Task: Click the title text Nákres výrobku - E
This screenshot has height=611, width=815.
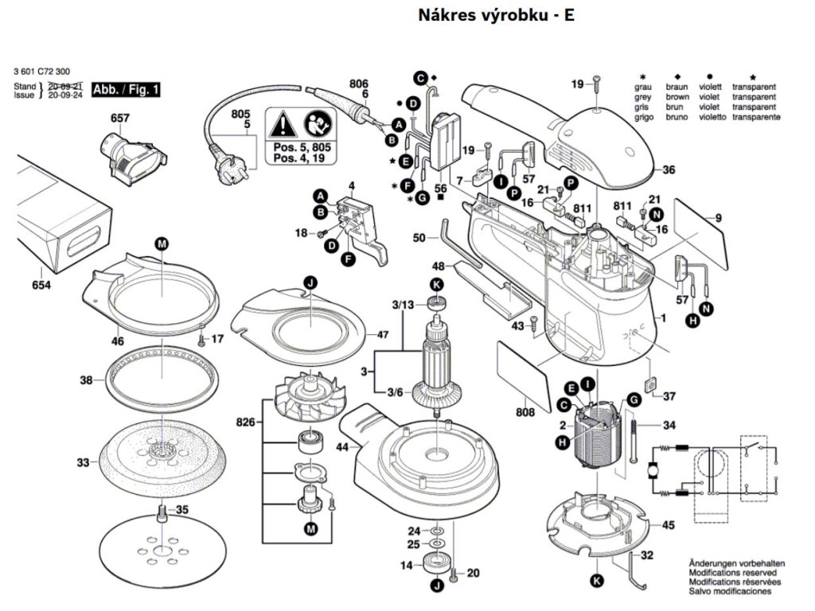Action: pos(496,15)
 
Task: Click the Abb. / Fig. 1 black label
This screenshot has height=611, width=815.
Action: pos(126,89)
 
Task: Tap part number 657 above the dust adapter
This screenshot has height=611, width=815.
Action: pos(120,118)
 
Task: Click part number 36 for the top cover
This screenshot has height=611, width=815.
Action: pos(669,169)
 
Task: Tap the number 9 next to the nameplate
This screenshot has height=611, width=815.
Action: pos(718,218)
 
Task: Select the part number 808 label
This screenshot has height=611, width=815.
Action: pos(524,413)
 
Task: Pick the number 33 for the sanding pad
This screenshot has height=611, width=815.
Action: pos(84,461)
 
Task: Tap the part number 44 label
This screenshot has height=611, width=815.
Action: pos(342,448)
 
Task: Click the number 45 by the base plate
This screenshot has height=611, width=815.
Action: pos(669,525)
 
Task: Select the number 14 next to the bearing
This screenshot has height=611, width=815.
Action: pos(406,566)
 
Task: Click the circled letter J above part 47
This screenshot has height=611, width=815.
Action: pos(310,281)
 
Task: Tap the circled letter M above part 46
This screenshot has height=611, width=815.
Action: pos(162,242)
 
